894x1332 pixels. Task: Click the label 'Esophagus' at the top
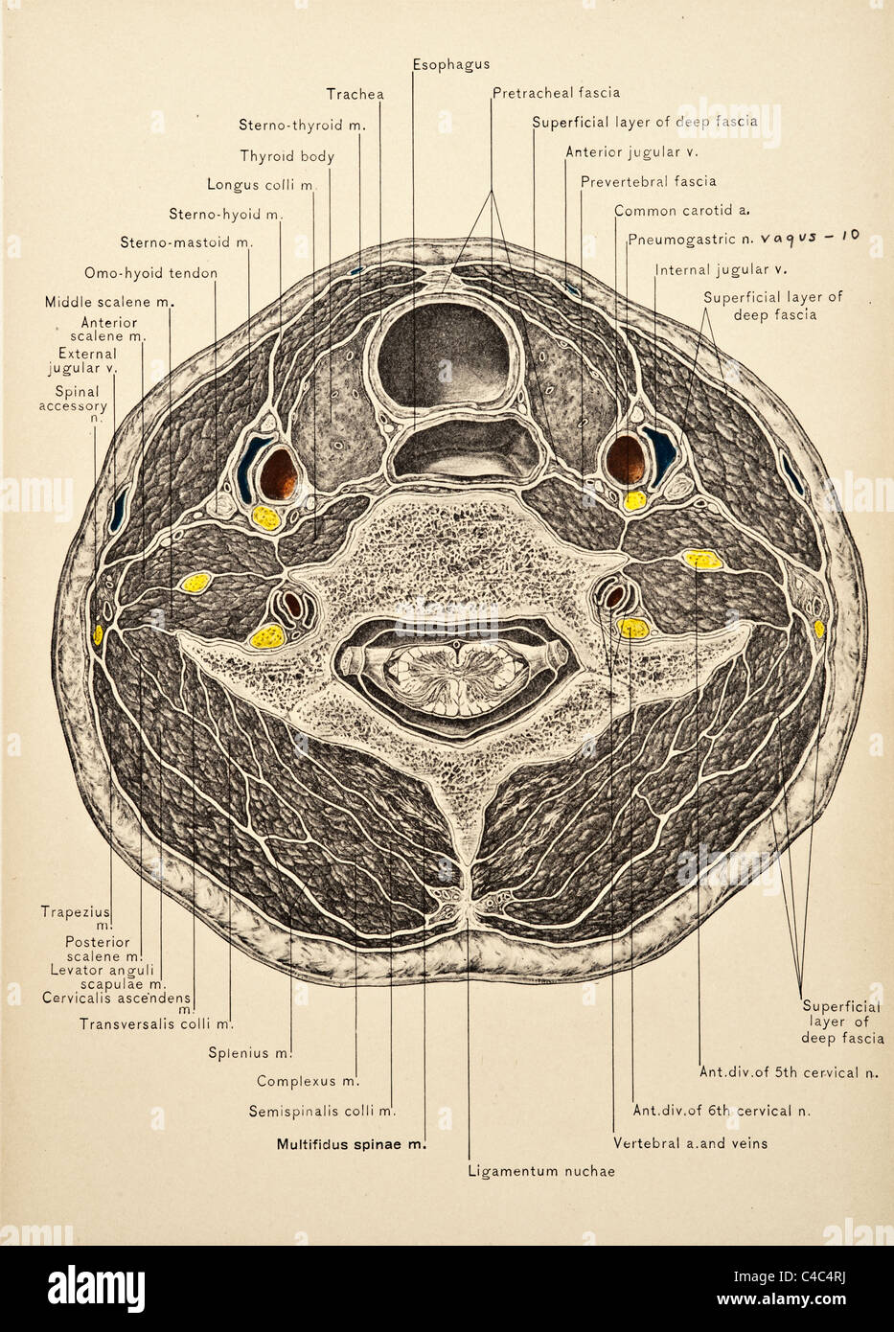click(x=451, y=64)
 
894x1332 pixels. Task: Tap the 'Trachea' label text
click(x=355, y=94)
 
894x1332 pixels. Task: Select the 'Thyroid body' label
click(x=287, y=156)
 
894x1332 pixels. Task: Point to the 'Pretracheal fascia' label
click(x=557, y=93)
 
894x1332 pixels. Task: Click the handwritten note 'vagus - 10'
click(x=811, y=237)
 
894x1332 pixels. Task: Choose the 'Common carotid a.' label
click(x=682, y=211)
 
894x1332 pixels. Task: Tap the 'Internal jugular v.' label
click(x=721, y=270)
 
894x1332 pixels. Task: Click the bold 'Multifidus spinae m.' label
click(x=352, y=1143)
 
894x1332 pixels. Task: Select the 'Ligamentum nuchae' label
click(x=541, y=1171)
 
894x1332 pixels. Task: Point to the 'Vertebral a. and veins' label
click(x=691, y=1142)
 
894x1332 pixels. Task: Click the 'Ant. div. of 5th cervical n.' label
click(x=789, y=1072)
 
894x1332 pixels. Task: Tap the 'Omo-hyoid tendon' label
click(x=151, y=273)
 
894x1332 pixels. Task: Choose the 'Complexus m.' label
click(x=309, y=1081)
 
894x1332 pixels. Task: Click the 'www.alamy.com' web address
click(x=782, y=1299)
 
